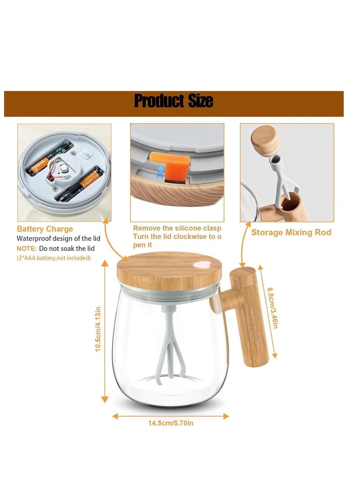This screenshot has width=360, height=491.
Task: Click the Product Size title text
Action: click(x=174, y=101)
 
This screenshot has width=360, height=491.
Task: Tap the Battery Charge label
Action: click(x=45, y=229)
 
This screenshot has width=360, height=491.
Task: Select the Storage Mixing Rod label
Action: click(x=291, y=232)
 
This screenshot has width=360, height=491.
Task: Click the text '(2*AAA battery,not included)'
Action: click(x=54, y=258)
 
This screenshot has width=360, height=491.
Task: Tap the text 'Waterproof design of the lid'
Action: click(x=58, y=239)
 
